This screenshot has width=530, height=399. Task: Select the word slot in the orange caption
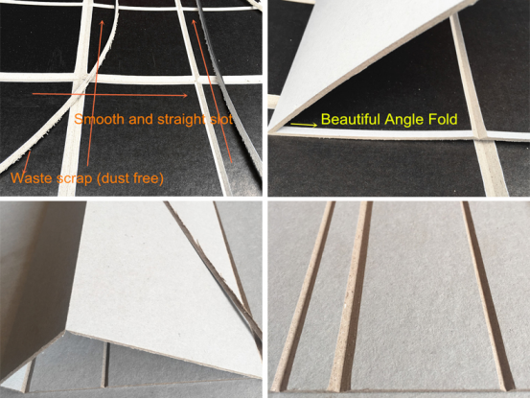click(220, 119)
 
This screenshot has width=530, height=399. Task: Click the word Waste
click(32, 177)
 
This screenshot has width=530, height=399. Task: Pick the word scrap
click(75, 178)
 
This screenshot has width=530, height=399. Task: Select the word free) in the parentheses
click(148, 178)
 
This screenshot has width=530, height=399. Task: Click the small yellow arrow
click(304, 125)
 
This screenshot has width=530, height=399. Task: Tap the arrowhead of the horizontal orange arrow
click(185, 95)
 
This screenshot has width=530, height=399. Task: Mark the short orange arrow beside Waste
click(27, 162)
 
